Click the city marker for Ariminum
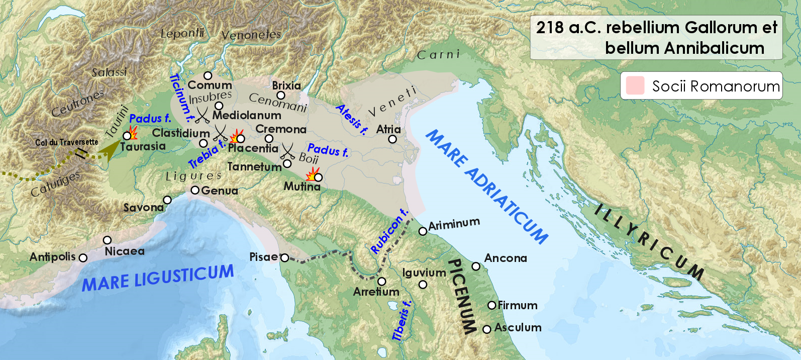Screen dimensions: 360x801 [x=423, y=231]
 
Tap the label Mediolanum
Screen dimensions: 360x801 [x=246, y=115]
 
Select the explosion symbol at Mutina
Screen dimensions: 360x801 [x=312, y=174]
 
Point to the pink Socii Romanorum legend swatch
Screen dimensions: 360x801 [x=635, y=86]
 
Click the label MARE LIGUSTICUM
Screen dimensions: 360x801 [x=158, y=278]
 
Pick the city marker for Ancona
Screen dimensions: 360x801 [x=476, y=266]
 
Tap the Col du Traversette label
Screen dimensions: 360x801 [x=66, y=142]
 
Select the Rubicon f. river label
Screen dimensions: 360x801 [x=388, y=231]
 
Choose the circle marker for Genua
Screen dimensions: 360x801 [x=195, y=190]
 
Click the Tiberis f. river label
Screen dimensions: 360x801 [x=402, y=321]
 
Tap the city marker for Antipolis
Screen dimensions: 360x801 [x=83, y=258]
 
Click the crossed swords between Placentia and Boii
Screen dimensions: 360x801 [x=288, y=151]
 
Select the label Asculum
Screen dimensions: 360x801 [x=518, y=328]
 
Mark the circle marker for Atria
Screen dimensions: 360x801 [x=392, y=139]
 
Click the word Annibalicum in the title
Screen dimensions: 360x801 [x=684, y=48]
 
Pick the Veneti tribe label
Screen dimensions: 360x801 [x=392, y=102]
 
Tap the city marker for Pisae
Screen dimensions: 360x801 [x=284, y=258]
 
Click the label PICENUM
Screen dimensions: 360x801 [x=462, y=297]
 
